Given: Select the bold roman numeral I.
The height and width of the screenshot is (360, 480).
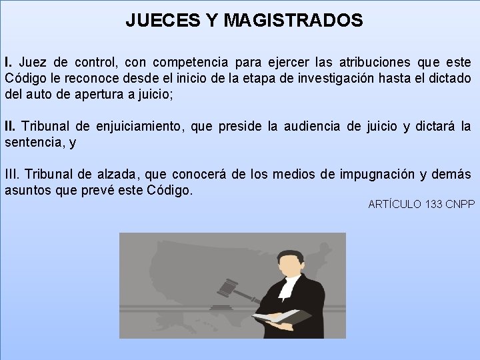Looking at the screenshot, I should tap(7, 63).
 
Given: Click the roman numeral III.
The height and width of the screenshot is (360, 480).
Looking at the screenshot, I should tap(13, 175).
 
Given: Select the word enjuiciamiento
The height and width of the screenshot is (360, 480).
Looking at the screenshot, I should tap(138, 126).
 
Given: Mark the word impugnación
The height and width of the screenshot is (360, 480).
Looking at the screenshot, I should tap(377, 175).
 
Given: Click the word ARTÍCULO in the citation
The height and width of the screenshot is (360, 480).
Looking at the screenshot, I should tap(395, 204).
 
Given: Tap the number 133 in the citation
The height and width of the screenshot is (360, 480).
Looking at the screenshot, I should tap(433, 204).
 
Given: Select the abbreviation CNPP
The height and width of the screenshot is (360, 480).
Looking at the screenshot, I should tap(460, 204).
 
